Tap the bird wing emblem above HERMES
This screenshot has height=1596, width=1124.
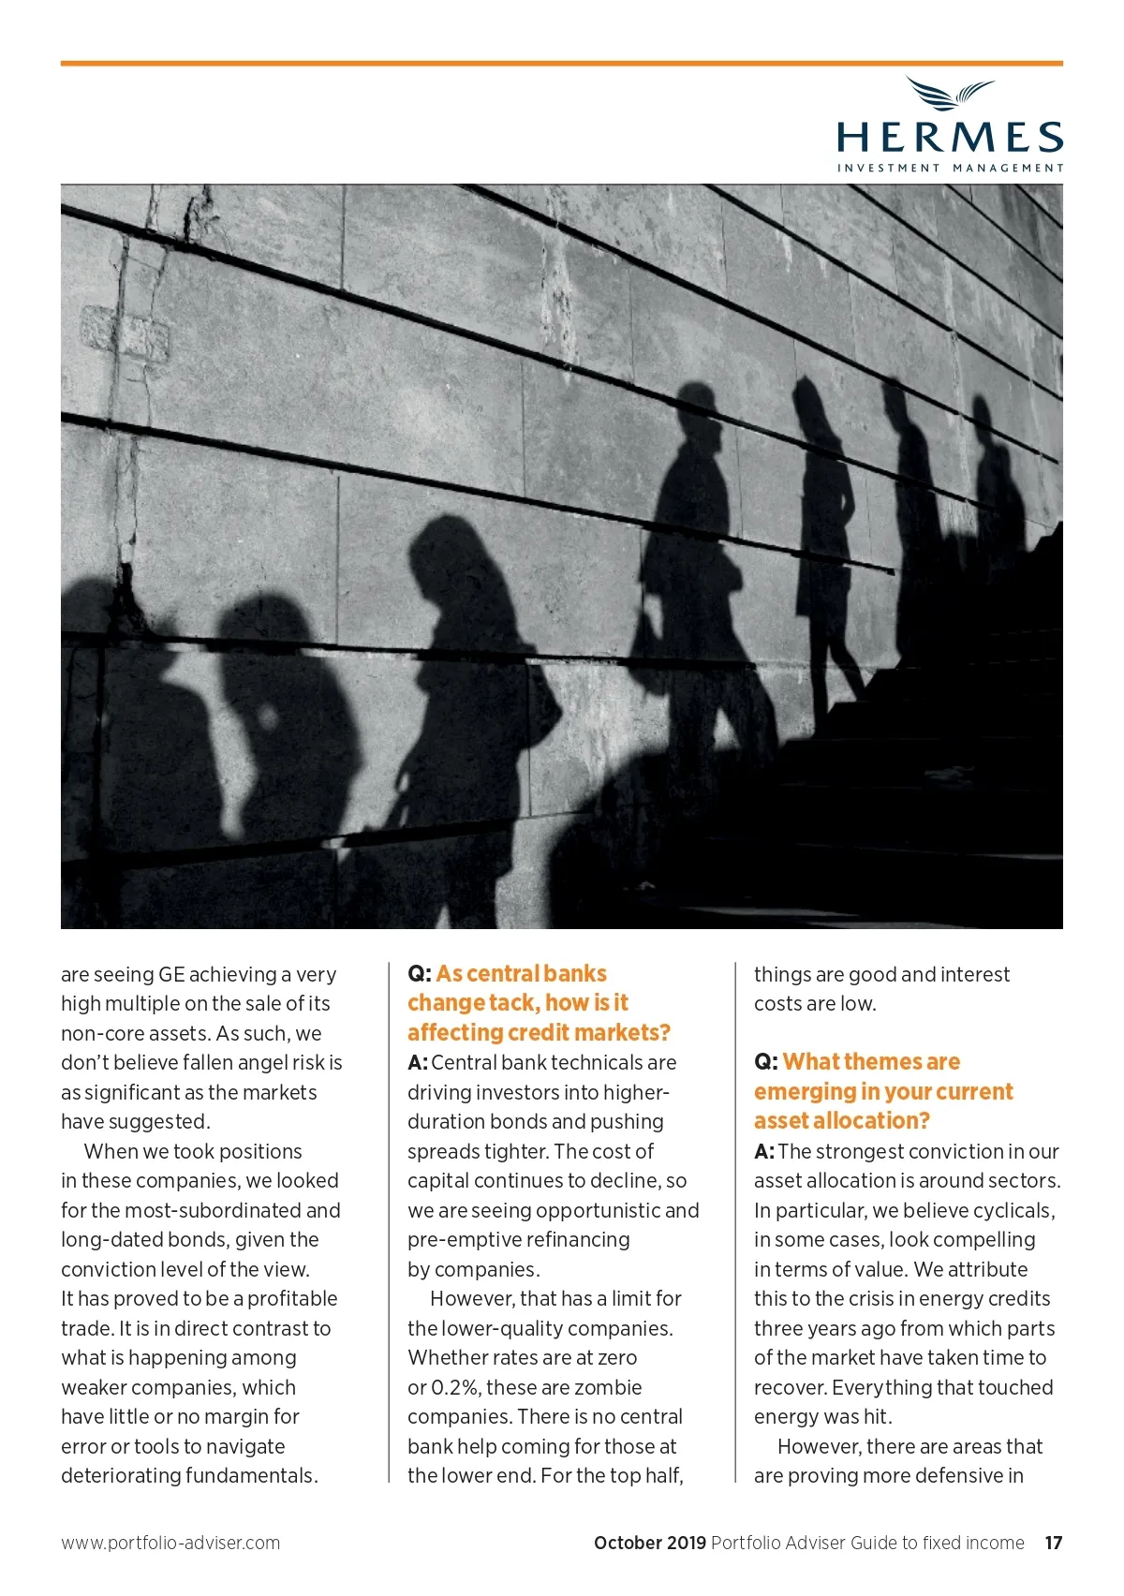coord(950,94)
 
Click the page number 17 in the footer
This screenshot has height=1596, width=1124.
coord(1054,1543)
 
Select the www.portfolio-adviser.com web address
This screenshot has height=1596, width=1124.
coord(170,1543)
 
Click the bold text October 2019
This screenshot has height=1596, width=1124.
coord(650,1543)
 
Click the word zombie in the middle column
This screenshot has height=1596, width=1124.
coord(610,1387)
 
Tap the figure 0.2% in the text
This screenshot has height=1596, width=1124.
coord(455,1387)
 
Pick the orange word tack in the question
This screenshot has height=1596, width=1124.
coord(510,1003)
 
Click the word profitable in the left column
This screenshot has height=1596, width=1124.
coord(291,1298)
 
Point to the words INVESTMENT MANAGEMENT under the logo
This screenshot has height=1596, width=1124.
coord(950,169)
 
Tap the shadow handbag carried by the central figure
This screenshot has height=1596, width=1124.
coord(649,646)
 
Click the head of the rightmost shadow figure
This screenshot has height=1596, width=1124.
coord(983,417)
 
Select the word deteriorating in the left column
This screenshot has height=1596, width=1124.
coord(120,1475)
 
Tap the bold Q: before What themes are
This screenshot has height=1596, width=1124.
coord(765,1062)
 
